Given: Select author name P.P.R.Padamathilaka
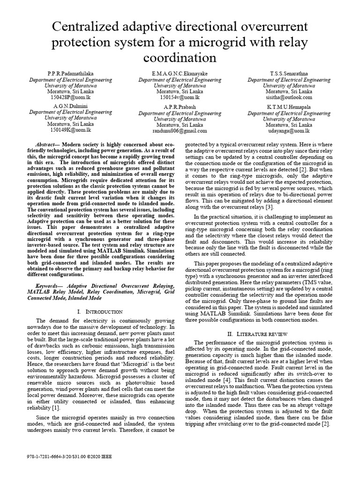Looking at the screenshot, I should [70, 74].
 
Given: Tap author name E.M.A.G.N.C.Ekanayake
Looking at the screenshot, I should [180, 74].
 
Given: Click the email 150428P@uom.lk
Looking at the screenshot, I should [70, 97].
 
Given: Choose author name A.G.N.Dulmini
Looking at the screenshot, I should [70, 106].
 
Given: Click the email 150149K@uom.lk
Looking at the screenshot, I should [70, 130].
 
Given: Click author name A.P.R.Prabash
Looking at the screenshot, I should [180, 107].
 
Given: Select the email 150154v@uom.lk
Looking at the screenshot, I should [180, 97].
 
